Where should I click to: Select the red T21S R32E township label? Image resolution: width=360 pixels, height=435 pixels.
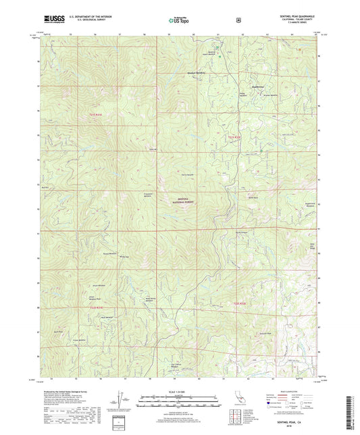(233, 137)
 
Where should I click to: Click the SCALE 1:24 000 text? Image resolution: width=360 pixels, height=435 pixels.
(180, 394)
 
